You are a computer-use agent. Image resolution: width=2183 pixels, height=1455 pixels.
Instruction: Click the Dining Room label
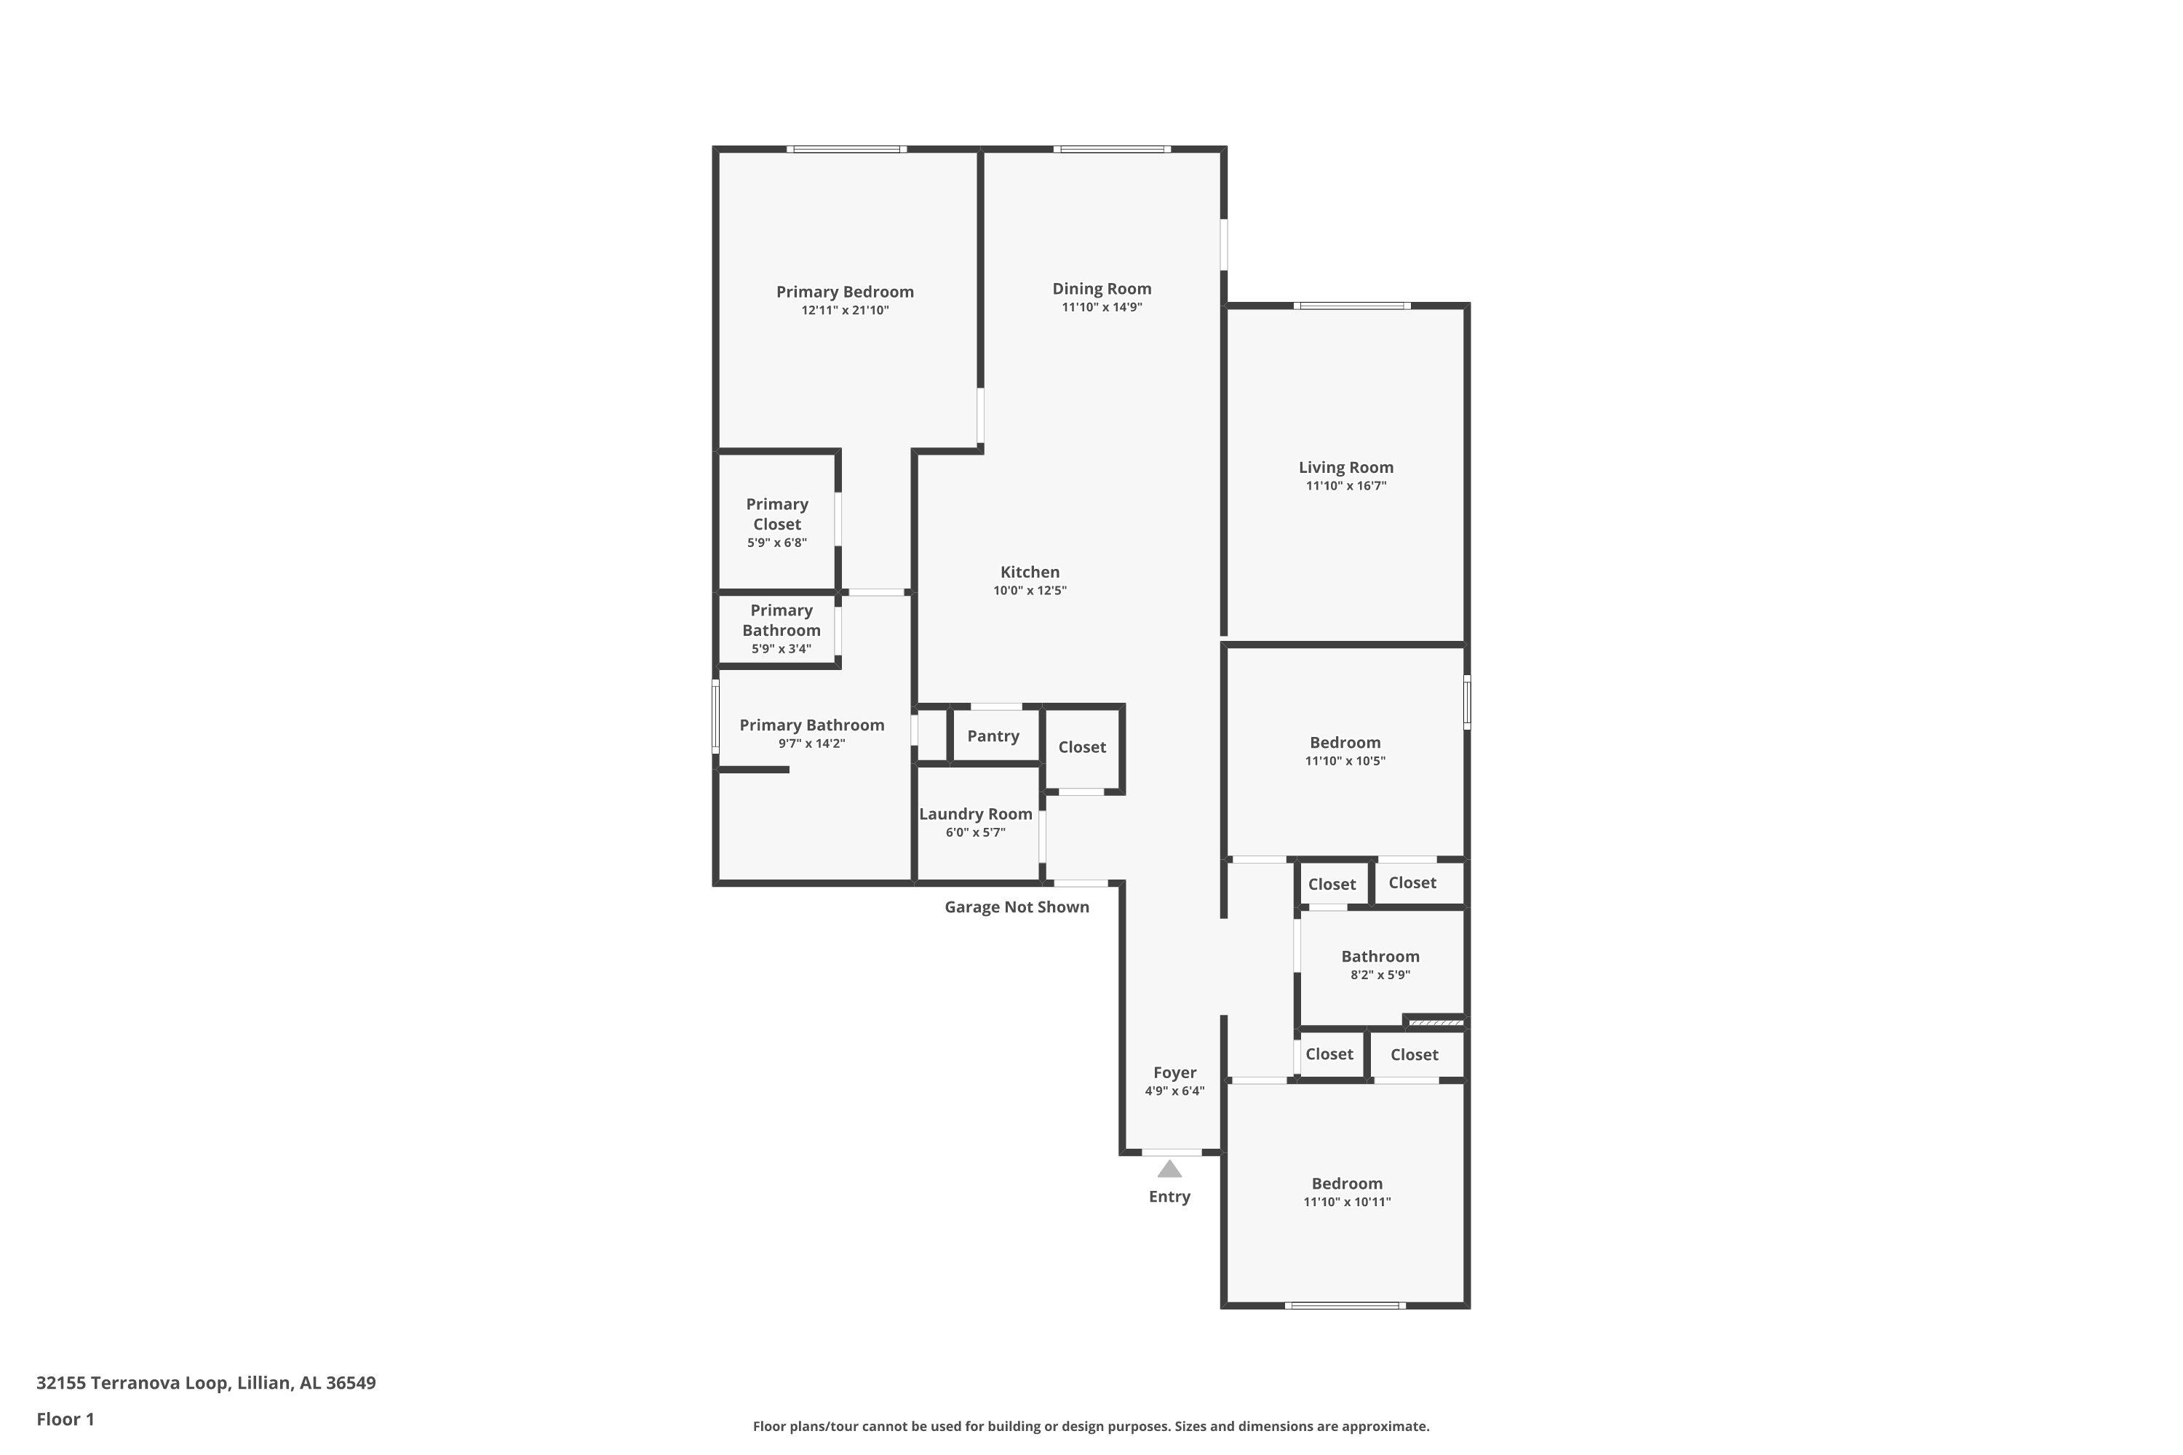pos(1102,289)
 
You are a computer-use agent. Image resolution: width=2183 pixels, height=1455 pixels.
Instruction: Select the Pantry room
pos(995,736)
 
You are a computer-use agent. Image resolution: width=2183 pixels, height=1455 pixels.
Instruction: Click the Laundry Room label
pos(976,814)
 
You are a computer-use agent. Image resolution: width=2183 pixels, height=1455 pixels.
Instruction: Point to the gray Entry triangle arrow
pos(1169,1168)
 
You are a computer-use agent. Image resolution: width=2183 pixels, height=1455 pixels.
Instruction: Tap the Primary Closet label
pos(777,514)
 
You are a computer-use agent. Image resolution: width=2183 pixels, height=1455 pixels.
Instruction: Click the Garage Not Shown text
pos(1017,906)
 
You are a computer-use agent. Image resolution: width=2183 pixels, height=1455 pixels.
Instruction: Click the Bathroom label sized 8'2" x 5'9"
pos(1380,956)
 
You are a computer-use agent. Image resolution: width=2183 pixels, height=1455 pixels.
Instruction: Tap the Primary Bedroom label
pos(845,292)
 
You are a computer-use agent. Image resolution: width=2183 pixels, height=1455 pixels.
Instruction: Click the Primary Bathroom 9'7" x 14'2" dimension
pos(811,744)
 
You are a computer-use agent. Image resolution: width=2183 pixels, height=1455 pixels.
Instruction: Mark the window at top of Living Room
pos(1352,306)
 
